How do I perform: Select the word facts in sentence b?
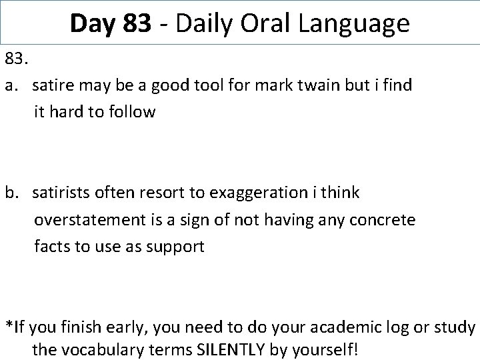tap(52, 246)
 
